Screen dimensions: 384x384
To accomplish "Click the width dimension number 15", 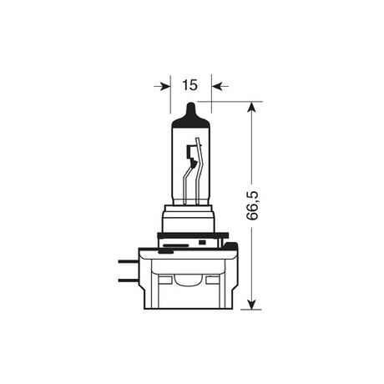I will point(189,84).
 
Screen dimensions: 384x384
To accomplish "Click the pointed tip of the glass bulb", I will point(191,107).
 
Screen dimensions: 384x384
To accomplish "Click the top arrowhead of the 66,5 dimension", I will point(251,108).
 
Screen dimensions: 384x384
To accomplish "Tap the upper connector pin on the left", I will point(130,262).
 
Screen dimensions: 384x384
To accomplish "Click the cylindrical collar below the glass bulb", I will point(190,220).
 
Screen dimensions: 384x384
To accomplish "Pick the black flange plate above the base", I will point(192,246).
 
